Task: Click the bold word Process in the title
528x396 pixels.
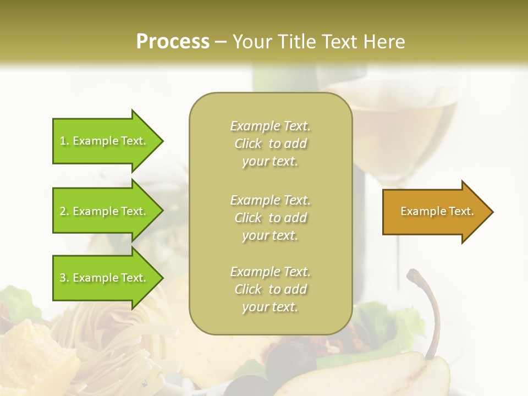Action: point(173,42)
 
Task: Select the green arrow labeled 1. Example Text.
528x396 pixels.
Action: point(105,141)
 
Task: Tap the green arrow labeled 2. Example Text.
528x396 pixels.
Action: point(105,211)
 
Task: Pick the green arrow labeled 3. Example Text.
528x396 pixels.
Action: point(105,278)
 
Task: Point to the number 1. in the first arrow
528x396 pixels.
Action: point(64,141)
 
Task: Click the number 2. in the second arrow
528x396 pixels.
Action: point(64,211)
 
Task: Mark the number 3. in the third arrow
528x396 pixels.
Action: point(64,278)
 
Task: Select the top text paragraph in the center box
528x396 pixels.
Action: point(270,144)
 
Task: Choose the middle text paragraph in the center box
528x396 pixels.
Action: point(270,218)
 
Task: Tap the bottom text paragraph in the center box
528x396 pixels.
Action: point(270,289)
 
